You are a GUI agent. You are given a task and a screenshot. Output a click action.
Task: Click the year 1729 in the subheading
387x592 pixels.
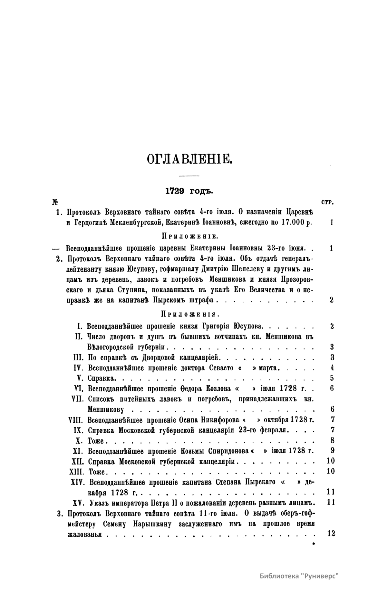pyautogui.click(x=175, y=191)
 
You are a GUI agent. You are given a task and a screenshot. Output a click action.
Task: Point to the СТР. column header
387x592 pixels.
pyautogui.click(x=327, y=203)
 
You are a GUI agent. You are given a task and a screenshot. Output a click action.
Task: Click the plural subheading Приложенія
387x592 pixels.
pyautogui.click(x=189, y=314)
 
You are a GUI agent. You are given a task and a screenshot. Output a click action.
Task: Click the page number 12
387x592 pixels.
pyautogui.click(x=331, y=534)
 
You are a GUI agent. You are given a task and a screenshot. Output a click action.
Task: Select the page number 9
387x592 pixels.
pyautogui.click(x=332, y=450)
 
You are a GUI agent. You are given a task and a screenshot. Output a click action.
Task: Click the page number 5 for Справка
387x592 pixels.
pyautogui.click(x=332, y=378)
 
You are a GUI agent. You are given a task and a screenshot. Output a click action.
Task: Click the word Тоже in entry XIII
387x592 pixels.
pyautogui.click(x=97, y=472)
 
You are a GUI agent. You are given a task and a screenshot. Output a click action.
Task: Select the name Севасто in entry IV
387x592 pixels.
pyautogui.click(x=221, y=368)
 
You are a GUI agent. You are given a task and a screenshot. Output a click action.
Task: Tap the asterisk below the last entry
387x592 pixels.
pyautogui.click(x=313, y=544)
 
